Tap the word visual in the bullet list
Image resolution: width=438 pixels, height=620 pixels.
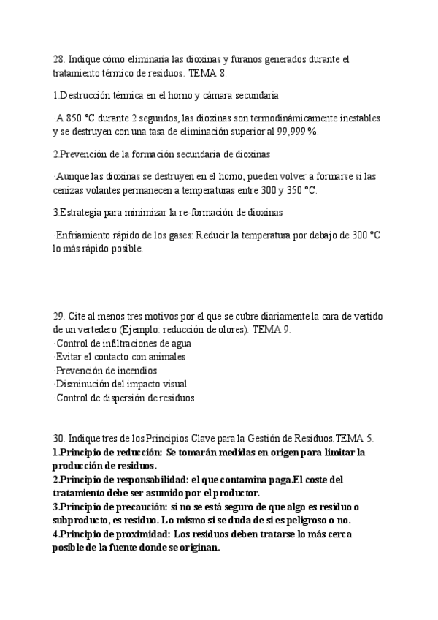coord(172,384)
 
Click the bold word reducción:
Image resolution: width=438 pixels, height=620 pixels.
coord(135,453)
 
